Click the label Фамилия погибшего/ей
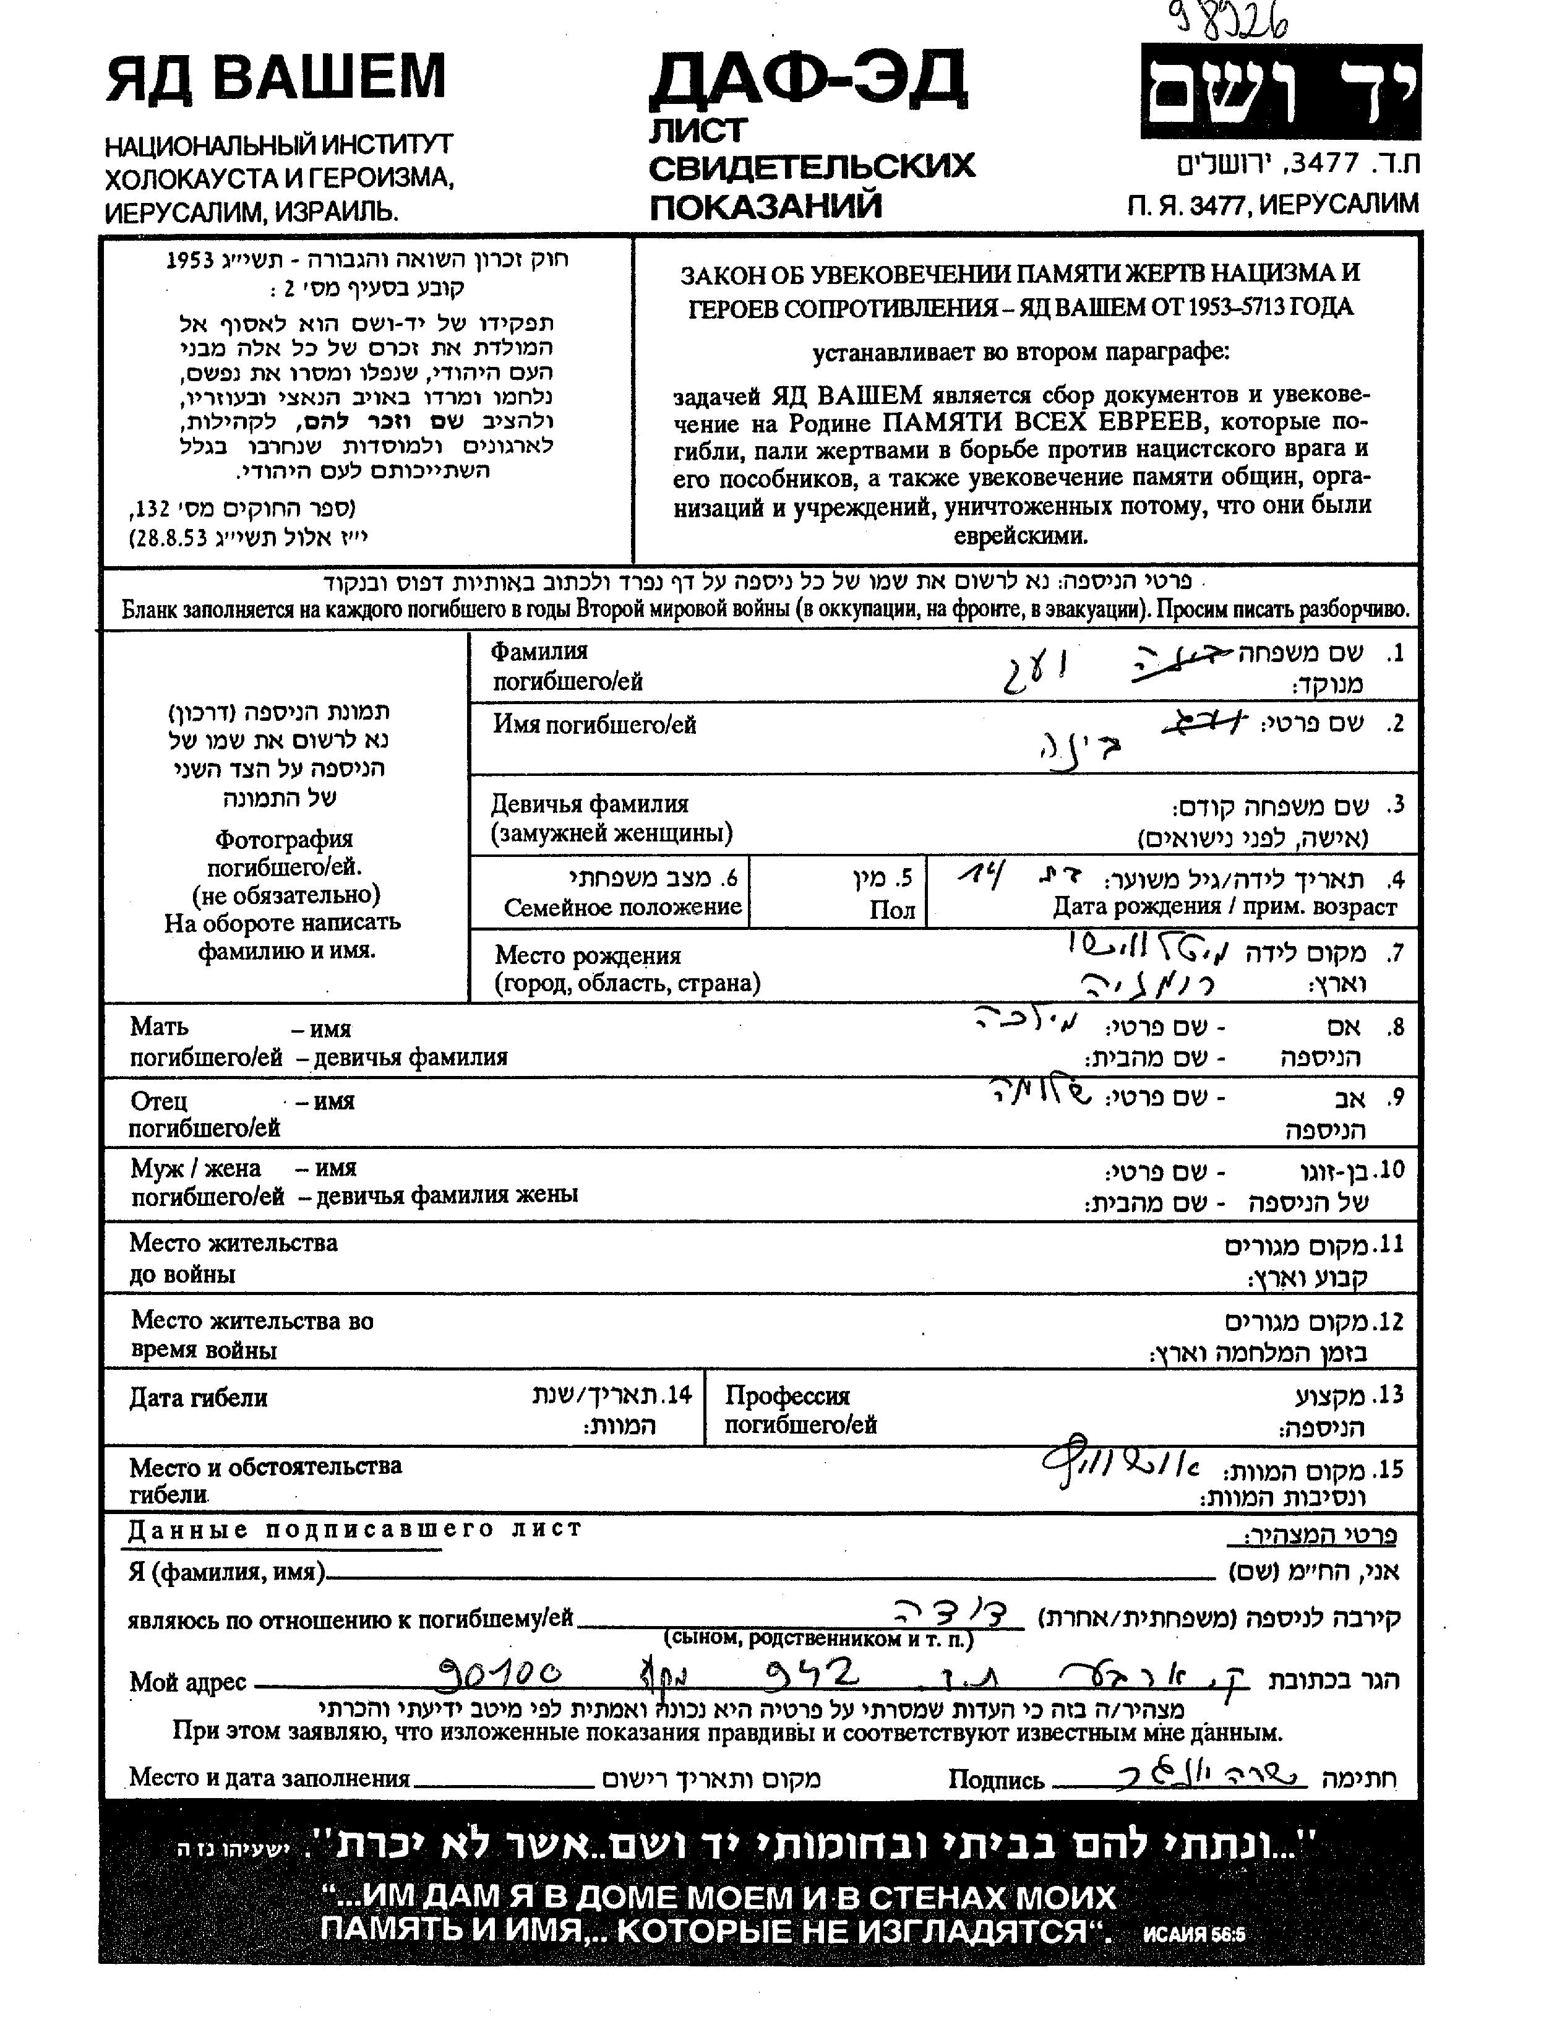[x=566, y=666]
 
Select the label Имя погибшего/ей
[x=594, y=725]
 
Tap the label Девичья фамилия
[x=590, y=804]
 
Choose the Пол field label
[x=892, y=910]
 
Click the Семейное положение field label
[x=623, y=907]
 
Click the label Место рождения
[x=588, y=955]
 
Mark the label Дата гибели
[x=198, y=1398]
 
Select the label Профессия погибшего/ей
[x=800, y=1409]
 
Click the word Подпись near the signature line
[x=996, y=1780]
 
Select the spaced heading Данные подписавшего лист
[x=354, y=1528]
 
